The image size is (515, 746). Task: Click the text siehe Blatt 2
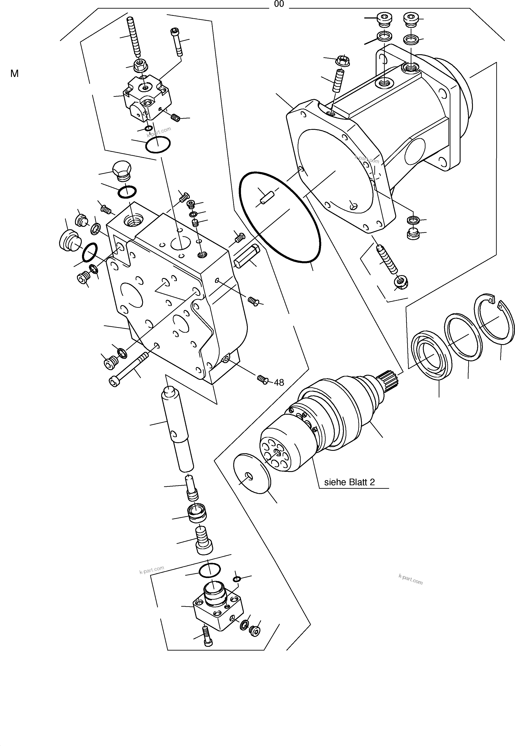[x=349, y=482]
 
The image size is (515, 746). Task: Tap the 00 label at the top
[x=279, y=4]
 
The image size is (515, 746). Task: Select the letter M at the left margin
[x=15, y=74]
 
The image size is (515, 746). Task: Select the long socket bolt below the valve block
[x=129, y=368]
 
